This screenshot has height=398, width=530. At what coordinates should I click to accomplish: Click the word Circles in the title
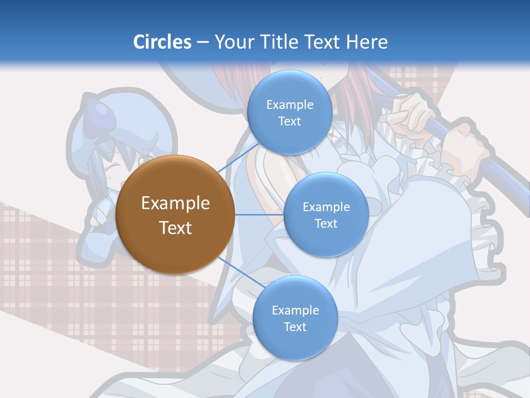click(x=162, y=42)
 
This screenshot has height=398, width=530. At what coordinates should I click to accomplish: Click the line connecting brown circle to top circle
click(x=239, y=156)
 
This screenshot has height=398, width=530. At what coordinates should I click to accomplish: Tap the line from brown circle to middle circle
click(x=258, y=214)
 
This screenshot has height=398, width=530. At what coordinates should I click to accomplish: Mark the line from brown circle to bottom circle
click(x=240, y=273)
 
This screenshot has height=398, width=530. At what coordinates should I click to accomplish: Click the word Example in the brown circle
click(x=175, y=203)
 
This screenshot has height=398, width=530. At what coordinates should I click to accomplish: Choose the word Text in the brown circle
click(x=175, y=228)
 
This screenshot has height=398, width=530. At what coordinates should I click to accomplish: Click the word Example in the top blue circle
click(x=289, y=105)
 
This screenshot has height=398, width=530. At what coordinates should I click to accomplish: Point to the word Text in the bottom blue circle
click(x=295, y=327)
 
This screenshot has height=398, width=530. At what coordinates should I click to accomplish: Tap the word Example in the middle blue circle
click(x=326, y=207)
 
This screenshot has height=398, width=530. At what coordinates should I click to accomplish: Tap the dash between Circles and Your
click(x=202, y=43)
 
